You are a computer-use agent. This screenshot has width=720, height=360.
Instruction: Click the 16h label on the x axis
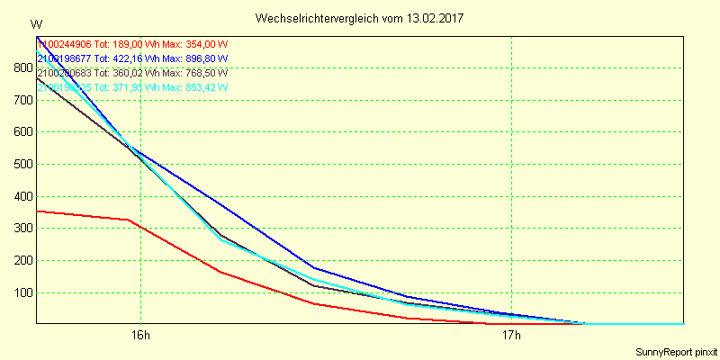click(x=140, y=336)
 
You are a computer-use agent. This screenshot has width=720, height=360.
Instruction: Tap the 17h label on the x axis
click(x=511, y=336)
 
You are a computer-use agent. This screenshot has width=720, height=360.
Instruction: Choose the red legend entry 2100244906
click(x=65, y=44)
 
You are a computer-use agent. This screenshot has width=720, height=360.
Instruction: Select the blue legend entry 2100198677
click(x=65, y=58)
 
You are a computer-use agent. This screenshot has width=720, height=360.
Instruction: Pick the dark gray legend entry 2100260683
click(x=65, y=73)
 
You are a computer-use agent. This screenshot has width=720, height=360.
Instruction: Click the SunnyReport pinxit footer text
click(x=675, y=352)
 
